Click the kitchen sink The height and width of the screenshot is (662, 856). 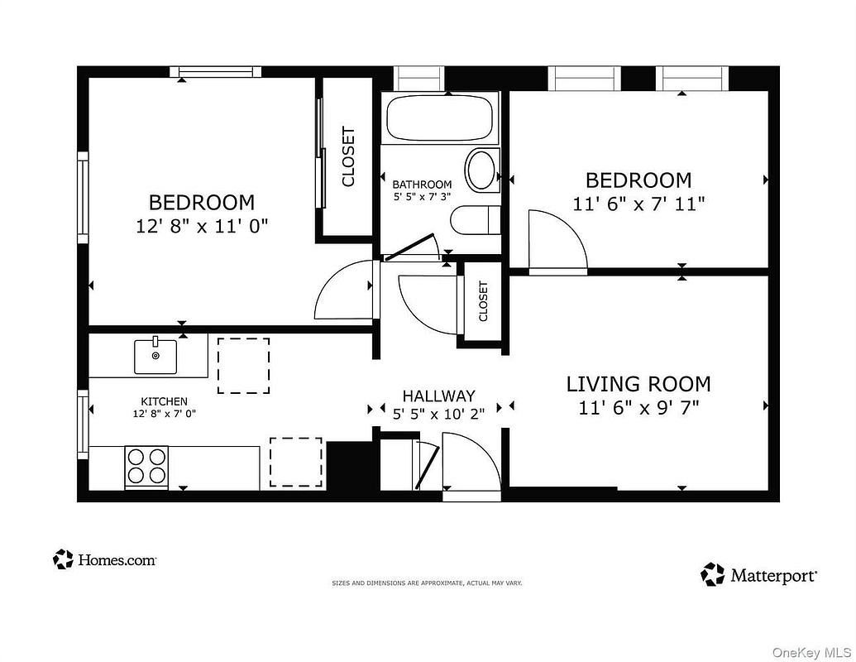155,356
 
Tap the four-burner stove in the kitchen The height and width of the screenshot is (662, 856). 146,467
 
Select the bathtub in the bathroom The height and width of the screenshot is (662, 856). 440,118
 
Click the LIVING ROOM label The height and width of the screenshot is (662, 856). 638,384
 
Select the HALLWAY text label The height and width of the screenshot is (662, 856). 438,396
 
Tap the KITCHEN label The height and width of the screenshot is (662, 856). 164,401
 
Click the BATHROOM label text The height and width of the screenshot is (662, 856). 422,185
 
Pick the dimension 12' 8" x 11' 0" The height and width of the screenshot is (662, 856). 202,225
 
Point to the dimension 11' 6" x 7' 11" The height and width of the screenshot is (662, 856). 638,203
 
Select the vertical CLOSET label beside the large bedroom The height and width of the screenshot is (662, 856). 348,156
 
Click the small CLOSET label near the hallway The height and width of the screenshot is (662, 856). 483,301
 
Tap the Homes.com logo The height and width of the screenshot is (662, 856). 105,560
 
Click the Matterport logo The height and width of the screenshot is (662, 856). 759,574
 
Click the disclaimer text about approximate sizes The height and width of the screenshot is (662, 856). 427,583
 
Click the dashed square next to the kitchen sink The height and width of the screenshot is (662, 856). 243,365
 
